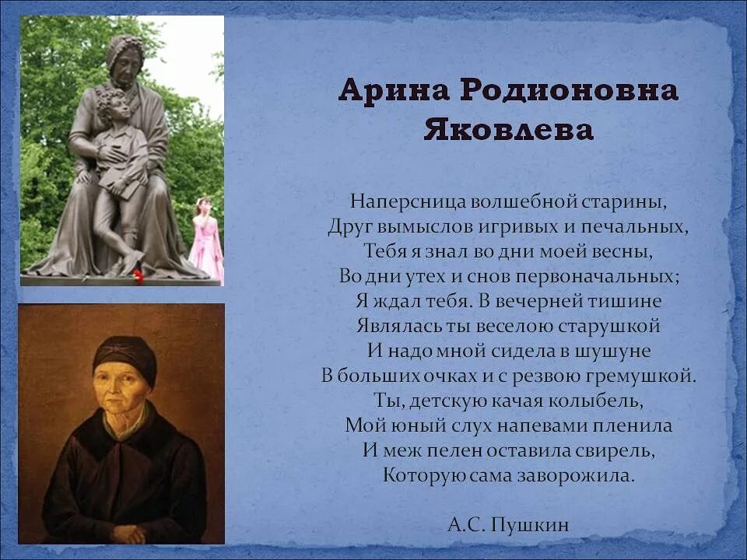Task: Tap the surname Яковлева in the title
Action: [x=509, y=130]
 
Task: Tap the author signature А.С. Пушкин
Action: [x=508, y=526]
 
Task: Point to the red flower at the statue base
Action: [x=138, y=275]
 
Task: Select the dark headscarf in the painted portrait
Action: [x=124, y=355]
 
